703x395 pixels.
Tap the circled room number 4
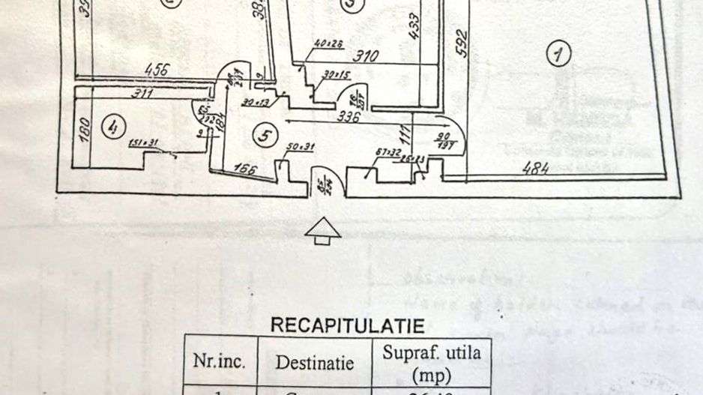coord(112,128)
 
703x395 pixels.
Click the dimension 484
coord(537,169)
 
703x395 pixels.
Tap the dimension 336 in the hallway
coord(349,116)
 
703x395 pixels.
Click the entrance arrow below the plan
coord(323,231)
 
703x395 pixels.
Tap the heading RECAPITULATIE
coord(346,326)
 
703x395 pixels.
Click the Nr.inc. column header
coord(220,362)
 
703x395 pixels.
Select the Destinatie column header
coord(314,363)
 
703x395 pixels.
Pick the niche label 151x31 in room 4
coord(143,144)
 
